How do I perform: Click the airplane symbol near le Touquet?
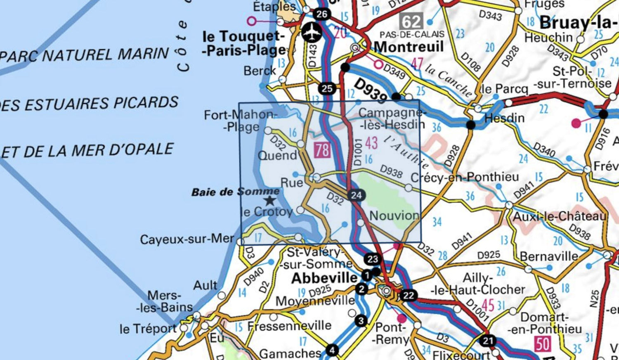[x=313, y=33]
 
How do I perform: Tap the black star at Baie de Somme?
[x=270, y=201]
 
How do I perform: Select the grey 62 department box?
[x=411, y=21]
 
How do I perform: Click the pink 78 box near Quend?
[x=322, y=150]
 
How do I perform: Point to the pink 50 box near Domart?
[x=542, y=344]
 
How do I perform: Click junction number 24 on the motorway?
[x=356, y=195]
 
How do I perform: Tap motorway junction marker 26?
[x=321, y=14]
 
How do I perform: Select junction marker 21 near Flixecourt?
[x=488, y=341]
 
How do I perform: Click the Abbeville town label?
[x=324, y=278]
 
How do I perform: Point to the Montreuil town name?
[x=409, y=47]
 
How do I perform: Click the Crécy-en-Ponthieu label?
[x=465, y=177]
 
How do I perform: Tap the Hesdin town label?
[x=504, y=118]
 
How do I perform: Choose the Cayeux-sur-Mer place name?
[x=187, y=239]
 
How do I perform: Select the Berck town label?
[x=260, y=71]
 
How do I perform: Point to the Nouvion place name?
[x=394, y=215]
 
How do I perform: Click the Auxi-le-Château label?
[x=560, y=216]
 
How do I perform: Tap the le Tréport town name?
[x=148, y=329]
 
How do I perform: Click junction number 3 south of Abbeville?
[x=361, y=321]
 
